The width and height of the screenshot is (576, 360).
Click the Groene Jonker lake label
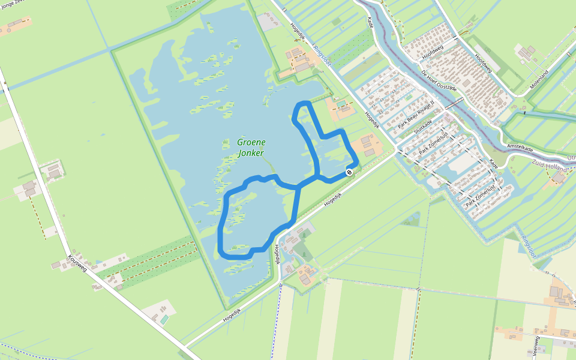point(251,148)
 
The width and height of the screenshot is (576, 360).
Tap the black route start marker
point(349,173)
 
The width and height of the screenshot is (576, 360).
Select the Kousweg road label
point(77,262)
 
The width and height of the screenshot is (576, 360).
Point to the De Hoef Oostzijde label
point(439,80)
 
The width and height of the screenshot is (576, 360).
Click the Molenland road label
point(539,80)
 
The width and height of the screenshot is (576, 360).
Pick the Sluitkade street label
point(423,127)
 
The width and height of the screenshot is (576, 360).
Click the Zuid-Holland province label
point(550,166)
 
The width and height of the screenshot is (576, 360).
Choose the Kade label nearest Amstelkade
point(494,163)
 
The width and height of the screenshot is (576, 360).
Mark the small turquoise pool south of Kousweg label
point(164,320)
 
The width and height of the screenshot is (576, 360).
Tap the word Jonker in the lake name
point(251,153)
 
